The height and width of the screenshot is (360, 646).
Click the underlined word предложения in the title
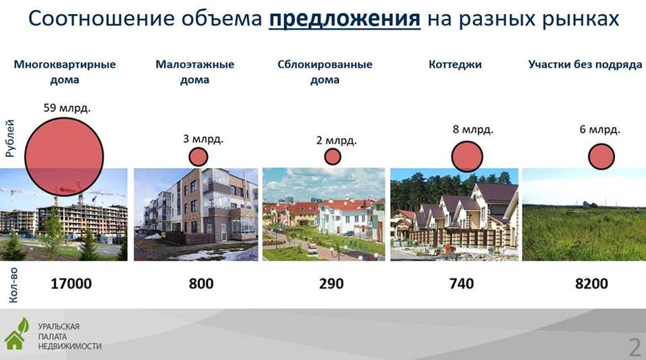(x=345, y=19)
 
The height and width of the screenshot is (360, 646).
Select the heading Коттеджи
(x=455, y=64)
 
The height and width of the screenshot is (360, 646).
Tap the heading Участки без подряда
(x=585, y=64)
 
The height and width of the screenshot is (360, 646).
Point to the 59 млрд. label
(x=67, y=108)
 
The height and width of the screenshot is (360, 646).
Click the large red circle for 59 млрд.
(x=64, y=157)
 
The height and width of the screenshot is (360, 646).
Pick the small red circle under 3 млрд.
(x=198, y=157)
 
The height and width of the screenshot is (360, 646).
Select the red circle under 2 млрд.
(x=333, y=157)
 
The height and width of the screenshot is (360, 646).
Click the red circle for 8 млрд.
(x=467, y=157)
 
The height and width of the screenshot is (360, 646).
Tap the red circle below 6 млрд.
(x=601, y=157)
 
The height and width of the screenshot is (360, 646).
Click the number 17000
(x=71, y=284)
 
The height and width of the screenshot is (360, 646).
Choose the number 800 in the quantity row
(x=201, y=284)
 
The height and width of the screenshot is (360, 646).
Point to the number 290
(x=331, y=284)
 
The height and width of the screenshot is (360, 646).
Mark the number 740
(x=462, y=284)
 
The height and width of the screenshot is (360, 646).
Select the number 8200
(x=591, y=284)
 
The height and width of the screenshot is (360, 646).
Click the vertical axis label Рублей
(x=10, y=138)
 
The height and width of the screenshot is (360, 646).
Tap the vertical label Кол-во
(x=13, y=285)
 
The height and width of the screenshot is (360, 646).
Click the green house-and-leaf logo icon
(x=16, y=334)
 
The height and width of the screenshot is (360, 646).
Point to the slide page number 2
(x=635, y=347)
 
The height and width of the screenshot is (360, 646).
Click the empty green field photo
(x=584, y=214)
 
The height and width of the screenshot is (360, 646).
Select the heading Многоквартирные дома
(x=65, y=72)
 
